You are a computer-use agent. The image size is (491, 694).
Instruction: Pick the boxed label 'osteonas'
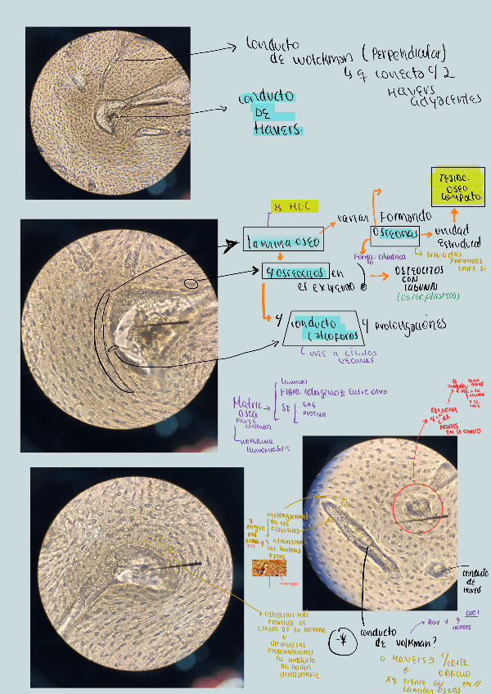394,234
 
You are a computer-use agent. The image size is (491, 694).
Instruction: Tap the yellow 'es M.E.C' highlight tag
294,206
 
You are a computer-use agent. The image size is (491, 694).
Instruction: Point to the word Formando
404,216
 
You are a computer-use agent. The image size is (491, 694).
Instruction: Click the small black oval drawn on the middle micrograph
193,284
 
